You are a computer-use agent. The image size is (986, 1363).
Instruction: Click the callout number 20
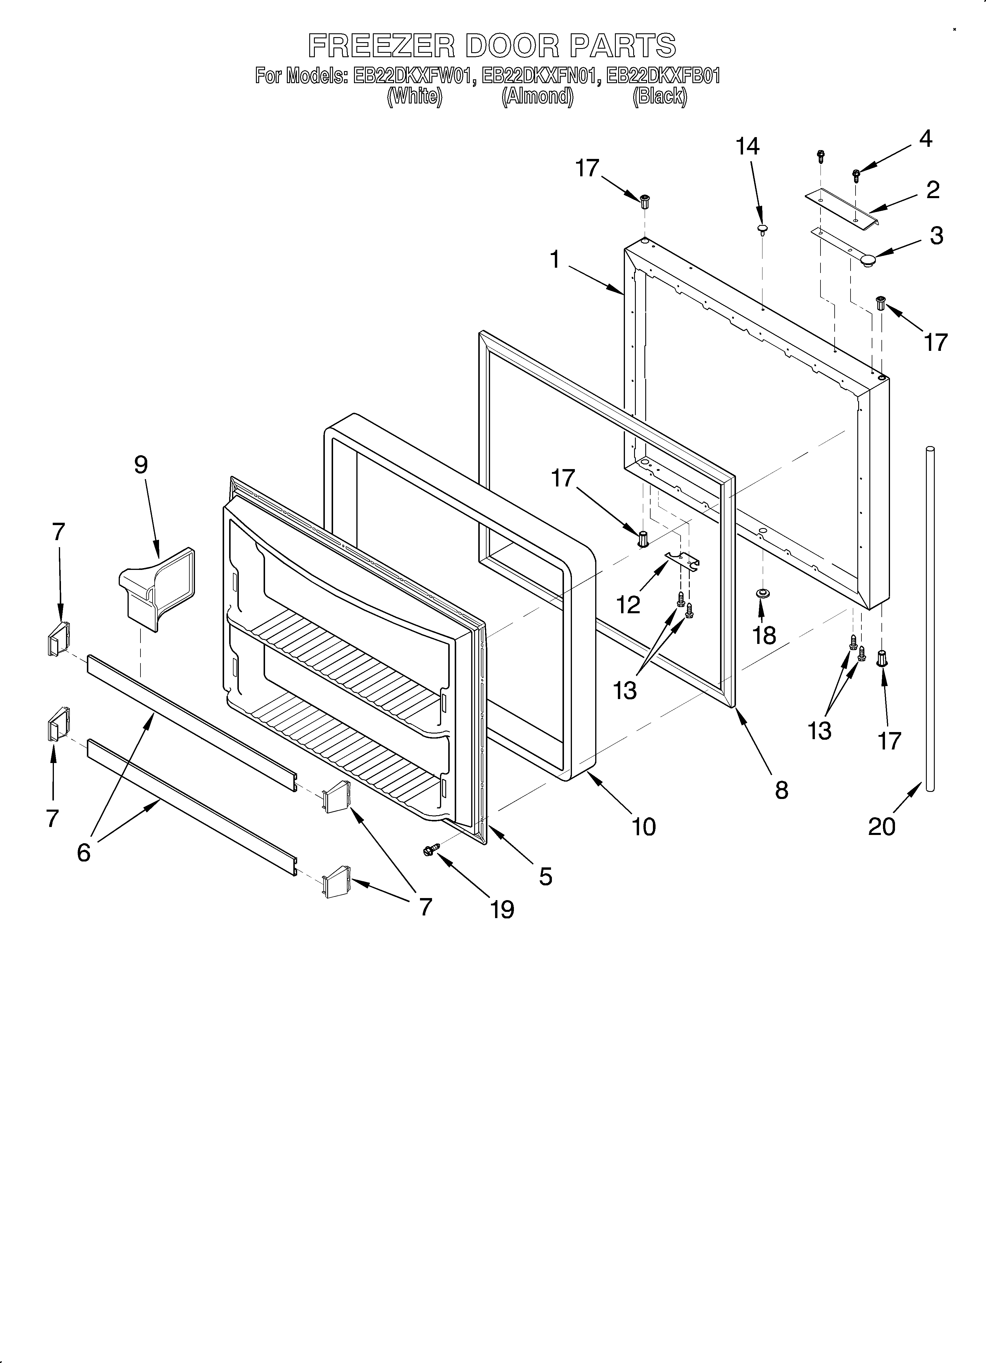(881, 826)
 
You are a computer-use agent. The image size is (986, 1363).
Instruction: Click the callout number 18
(765, 635)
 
